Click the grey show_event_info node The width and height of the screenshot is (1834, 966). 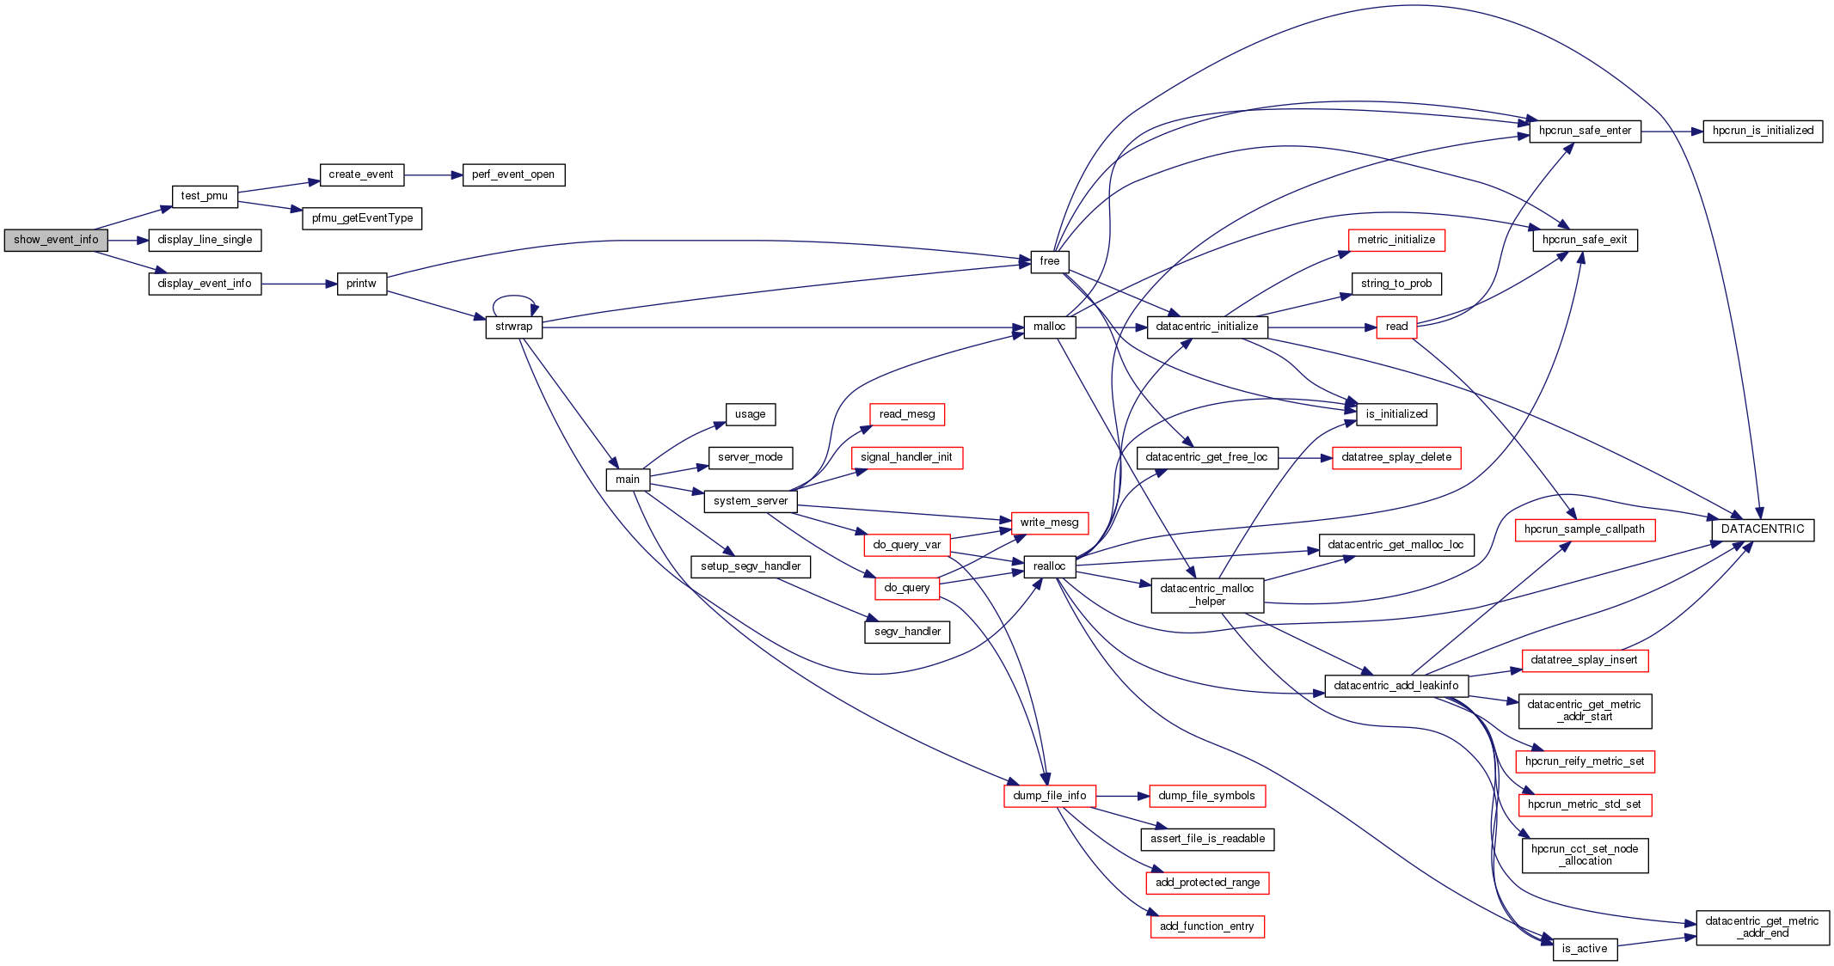(56, 241)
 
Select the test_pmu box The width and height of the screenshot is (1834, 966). (205, 197)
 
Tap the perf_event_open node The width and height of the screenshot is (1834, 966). (513, 175)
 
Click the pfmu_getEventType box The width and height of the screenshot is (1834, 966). (362, 219)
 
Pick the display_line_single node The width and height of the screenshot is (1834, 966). (205, 241)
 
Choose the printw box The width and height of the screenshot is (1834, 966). (361, 284)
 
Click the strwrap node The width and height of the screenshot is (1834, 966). (513, 327)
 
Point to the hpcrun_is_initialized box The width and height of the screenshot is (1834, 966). (1763, 131)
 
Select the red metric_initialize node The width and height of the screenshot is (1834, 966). (1396, 241)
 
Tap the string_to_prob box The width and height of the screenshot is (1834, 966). (1396, 284)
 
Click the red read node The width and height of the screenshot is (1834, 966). (1396, 327)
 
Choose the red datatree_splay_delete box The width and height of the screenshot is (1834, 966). (1396, 458)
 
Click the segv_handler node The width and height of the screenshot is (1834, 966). (907, 633)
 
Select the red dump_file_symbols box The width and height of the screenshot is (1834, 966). (1206, 797)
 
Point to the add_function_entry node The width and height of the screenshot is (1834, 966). (1206, 927)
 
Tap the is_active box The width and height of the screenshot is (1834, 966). (1585, 950)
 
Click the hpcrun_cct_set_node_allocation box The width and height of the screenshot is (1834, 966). (1585, 856)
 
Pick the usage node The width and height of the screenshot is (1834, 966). (750, 415)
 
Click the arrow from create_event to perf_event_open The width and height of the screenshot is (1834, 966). (433, 175)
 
